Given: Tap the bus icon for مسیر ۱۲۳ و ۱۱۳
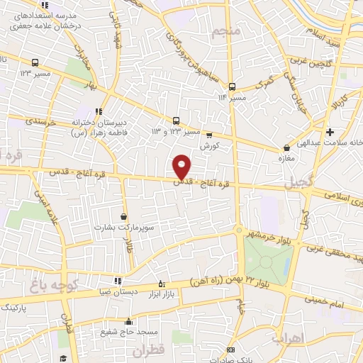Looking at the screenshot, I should click(176, 120).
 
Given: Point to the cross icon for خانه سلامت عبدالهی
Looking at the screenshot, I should click(330, 132).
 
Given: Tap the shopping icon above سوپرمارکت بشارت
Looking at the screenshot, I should click(124, 216).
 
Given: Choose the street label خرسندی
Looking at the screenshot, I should click(40, 122).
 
